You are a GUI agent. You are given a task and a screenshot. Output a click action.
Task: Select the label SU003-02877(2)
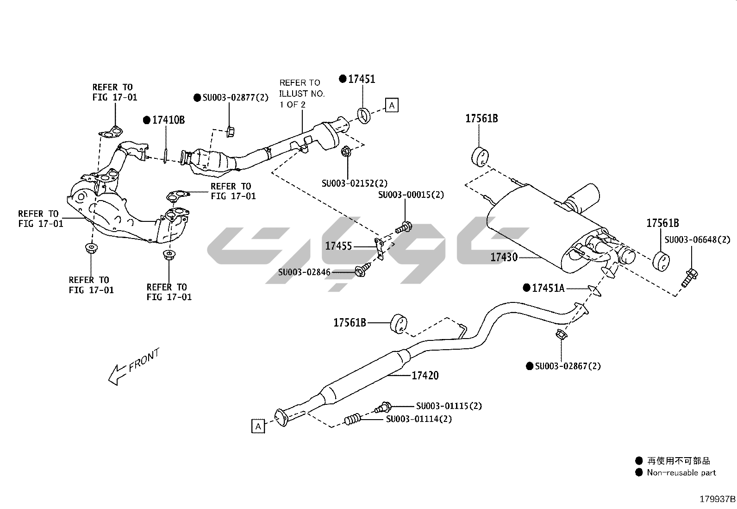pos(235,98)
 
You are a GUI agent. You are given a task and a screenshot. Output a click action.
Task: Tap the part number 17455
pos(338,246)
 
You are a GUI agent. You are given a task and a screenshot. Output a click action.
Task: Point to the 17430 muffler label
pos(504,257)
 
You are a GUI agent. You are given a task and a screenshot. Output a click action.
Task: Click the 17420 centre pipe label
pos(425,375)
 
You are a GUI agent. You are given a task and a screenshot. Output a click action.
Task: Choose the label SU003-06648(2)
pos(697,239)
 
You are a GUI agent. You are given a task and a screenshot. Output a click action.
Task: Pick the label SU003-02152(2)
pos(355,183)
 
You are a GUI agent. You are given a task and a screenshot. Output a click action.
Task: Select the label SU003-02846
pos(304,272)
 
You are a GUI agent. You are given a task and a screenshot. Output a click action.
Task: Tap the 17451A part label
pos(548,288)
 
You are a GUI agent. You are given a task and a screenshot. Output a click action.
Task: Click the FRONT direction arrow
pos(134,366)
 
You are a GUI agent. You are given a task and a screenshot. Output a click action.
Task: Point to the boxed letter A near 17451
pos(392,105)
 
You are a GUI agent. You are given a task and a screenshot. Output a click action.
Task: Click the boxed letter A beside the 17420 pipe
pos(258,426)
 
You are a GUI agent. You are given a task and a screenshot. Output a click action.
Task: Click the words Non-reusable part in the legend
pos(681,473)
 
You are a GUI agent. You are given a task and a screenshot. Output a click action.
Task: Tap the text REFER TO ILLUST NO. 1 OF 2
pos(302,94)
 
